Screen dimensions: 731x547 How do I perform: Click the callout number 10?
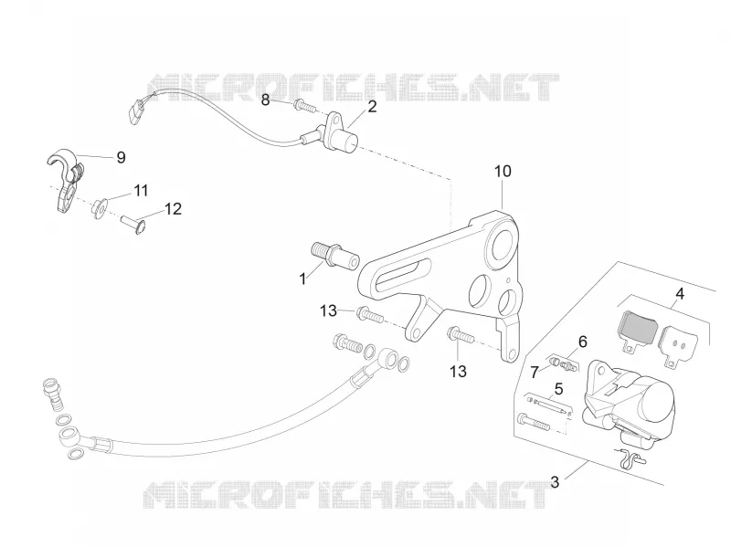click(503, 171)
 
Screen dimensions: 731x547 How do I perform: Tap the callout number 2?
click(372, 107)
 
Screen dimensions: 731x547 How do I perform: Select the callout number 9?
click(121, 157)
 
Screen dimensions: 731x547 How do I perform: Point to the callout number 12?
click(173, 209)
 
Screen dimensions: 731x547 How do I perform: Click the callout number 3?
click(555, 482)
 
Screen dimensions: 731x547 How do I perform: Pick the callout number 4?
click(680, 294)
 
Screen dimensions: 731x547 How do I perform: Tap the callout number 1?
click(303, 279)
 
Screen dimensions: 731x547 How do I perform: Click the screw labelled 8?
click(304, 107)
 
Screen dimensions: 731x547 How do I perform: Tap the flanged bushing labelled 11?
click(101, 208)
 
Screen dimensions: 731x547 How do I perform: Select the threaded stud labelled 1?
click(334, 257)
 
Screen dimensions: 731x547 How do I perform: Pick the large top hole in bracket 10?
click(501, 247)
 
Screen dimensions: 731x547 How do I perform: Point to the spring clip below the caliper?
click(630, 457)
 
